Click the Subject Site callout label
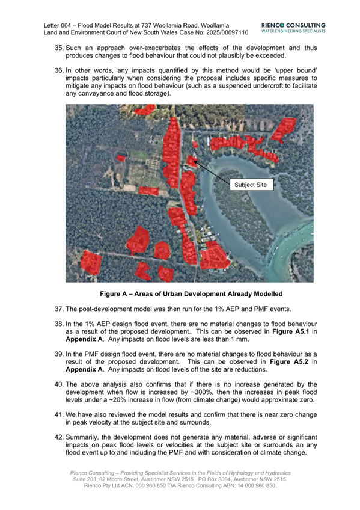pos(252,185)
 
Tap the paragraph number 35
pos(59,46)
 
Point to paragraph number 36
pos(59,71)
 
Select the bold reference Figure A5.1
pos(292,331)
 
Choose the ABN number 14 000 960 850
pos(249,485)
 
